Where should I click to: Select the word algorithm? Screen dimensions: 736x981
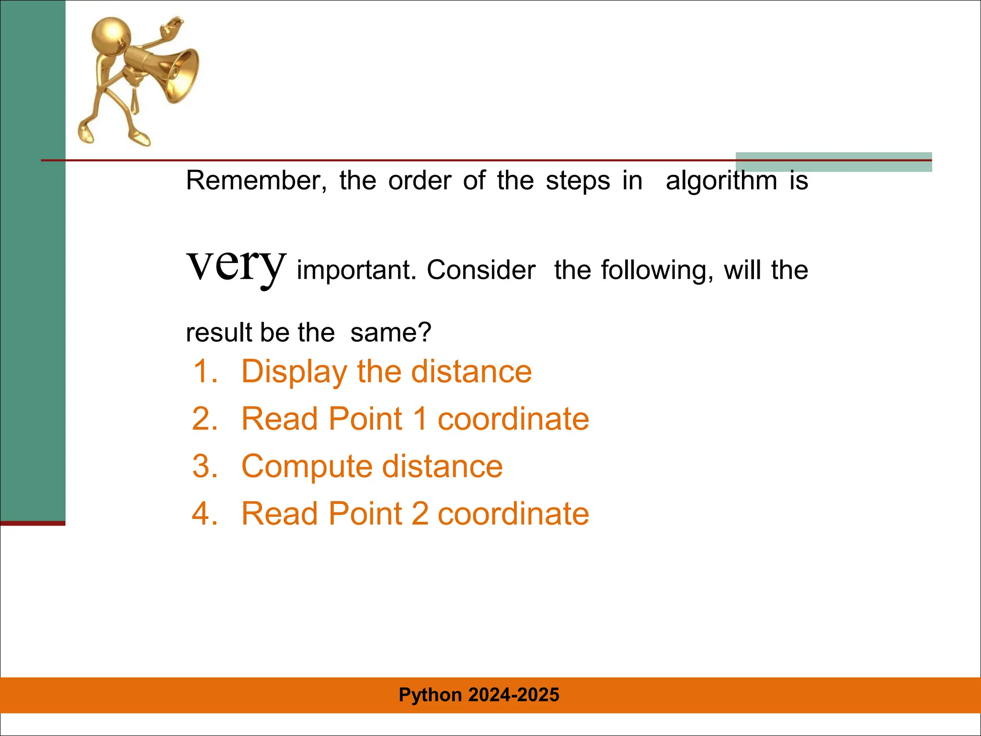click(721, 181)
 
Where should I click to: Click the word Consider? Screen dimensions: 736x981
click(481, 270)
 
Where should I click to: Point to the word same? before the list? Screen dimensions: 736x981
click(390, 332)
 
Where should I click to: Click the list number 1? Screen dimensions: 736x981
click(205, 371)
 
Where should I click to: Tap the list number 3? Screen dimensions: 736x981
click(205, 466)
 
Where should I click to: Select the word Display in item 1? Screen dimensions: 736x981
click(294, 371)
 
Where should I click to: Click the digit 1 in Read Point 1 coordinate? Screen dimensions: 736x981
click(420, 418)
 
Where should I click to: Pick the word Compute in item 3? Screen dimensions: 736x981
click(307, 466)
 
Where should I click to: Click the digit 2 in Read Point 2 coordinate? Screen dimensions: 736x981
click(420, 513)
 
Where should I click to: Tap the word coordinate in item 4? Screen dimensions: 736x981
click(513, 513)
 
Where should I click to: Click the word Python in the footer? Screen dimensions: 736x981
click(430, 695)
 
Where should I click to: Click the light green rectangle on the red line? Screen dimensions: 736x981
click(833, 162)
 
